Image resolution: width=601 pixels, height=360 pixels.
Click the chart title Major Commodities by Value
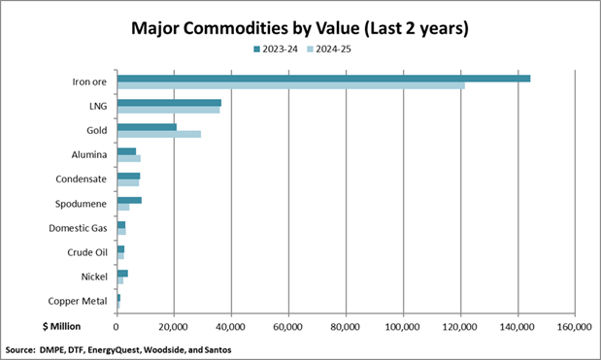[x=300, y=28]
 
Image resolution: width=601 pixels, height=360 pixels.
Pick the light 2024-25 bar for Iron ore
[x=290, y=85]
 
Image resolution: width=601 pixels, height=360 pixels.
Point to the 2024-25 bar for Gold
[x=158, y=134]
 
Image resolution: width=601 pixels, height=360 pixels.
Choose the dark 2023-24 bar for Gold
[x=147, y=127]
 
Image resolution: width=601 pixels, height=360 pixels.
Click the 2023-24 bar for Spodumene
[x=129, y=200]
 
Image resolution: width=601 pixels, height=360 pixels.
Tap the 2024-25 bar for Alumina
[x=128, y=158]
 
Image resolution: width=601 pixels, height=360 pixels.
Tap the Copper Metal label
[x=78, y=302]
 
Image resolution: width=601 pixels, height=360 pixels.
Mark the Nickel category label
[x=93, y=278]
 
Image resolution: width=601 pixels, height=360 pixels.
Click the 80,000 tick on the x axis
[x=346, y=327]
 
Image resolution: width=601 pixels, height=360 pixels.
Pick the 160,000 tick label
[x=574, y=327]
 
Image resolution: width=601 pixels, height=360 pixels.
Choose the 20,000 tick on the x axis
[x=174, y=327]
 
